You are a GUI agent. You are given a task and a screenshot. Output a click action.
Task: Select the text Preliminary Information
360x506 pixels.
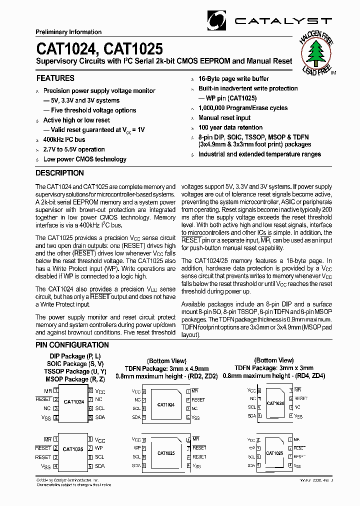pyautogui.click(x=68, y=32)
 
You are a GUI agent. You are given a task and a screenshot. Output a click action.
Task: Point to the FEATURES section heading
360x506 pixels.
pyautogui.click(x=55, y=78)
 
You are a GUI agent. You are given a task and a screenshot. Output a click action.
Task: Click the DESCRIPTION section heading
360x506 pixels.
pyautogui.click(x=59, y=173)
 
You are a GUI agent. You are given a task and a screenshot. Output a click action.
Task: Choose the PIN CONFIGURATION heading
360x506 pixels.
pyautogui.click(x=72, y=345)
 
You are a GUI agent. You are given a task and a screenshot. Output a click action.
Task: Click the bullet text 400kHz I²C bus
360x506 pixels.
pyautogui.click(x=64, y=139)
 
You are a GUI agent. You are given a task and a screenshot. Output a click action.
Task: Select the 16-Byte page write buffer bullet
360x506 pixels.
pyautogui.click(x=233, y=79)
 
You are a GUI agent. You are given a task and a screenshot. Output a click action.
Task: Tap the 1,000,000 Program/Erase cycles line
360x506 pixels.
pyautogui.click(x=243, y=108)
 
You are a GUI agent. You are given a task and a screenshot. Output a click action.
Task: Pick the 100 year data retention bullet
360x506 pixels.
pyautogui.click(x=230, y=127)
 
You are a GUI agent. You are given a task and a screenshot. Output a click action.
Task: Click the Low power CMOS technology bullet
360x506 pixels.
pyautogui.click(x=84, y=159)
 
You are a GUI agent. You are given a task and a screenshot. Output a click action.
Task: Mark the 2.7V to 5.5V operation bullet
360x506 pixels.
pyautogui.click(x=74, y=149)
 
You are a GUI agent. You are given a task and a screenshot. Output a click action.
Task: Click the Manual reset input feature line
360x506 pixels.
pyautogui.click(x=224, y=118)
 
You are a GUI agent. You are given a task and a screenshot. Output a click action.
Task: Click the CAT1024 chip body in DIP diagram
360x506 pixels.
pyautogui.click(x=73, y=401)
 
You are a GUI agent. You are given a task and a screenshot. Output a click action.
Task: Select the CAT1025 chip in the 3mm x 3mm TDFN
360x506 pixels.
pyautogui.click(x=274, y=453)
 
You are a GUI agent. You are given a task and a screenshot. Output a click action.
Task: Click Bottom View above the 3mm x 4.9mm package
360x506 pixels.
pyautogui.click(x=166, y=360)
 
